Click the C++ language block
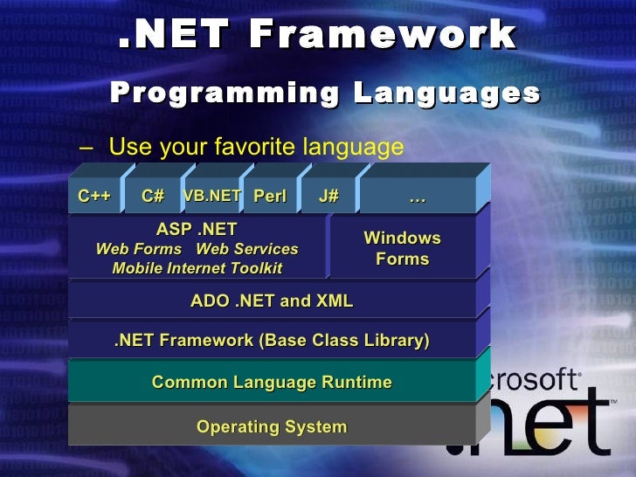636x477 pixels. point(93,197)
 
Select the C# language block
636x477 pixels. point(153,197)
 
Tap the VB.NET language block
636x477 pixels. point(211,197)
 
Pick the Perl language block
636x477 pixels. point(270,197)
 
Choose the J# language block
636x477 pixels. point(328,197)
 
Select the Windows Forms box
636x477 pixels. point(402,248)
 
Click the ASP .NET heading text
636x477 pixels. point(197,231)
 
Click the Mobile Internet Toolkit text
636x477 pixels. point(197,268)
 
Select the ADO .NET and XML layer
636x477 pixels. point(272,301)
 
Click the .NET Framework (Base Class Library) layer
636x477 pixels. point(272,341)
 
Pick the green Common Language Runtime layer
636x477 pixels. point(272,382)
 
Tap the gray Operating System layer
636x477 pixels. point(272,427)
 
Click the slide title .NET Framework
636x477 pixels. point(317,35)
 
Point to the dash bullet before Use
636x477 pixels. point(85,147)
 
